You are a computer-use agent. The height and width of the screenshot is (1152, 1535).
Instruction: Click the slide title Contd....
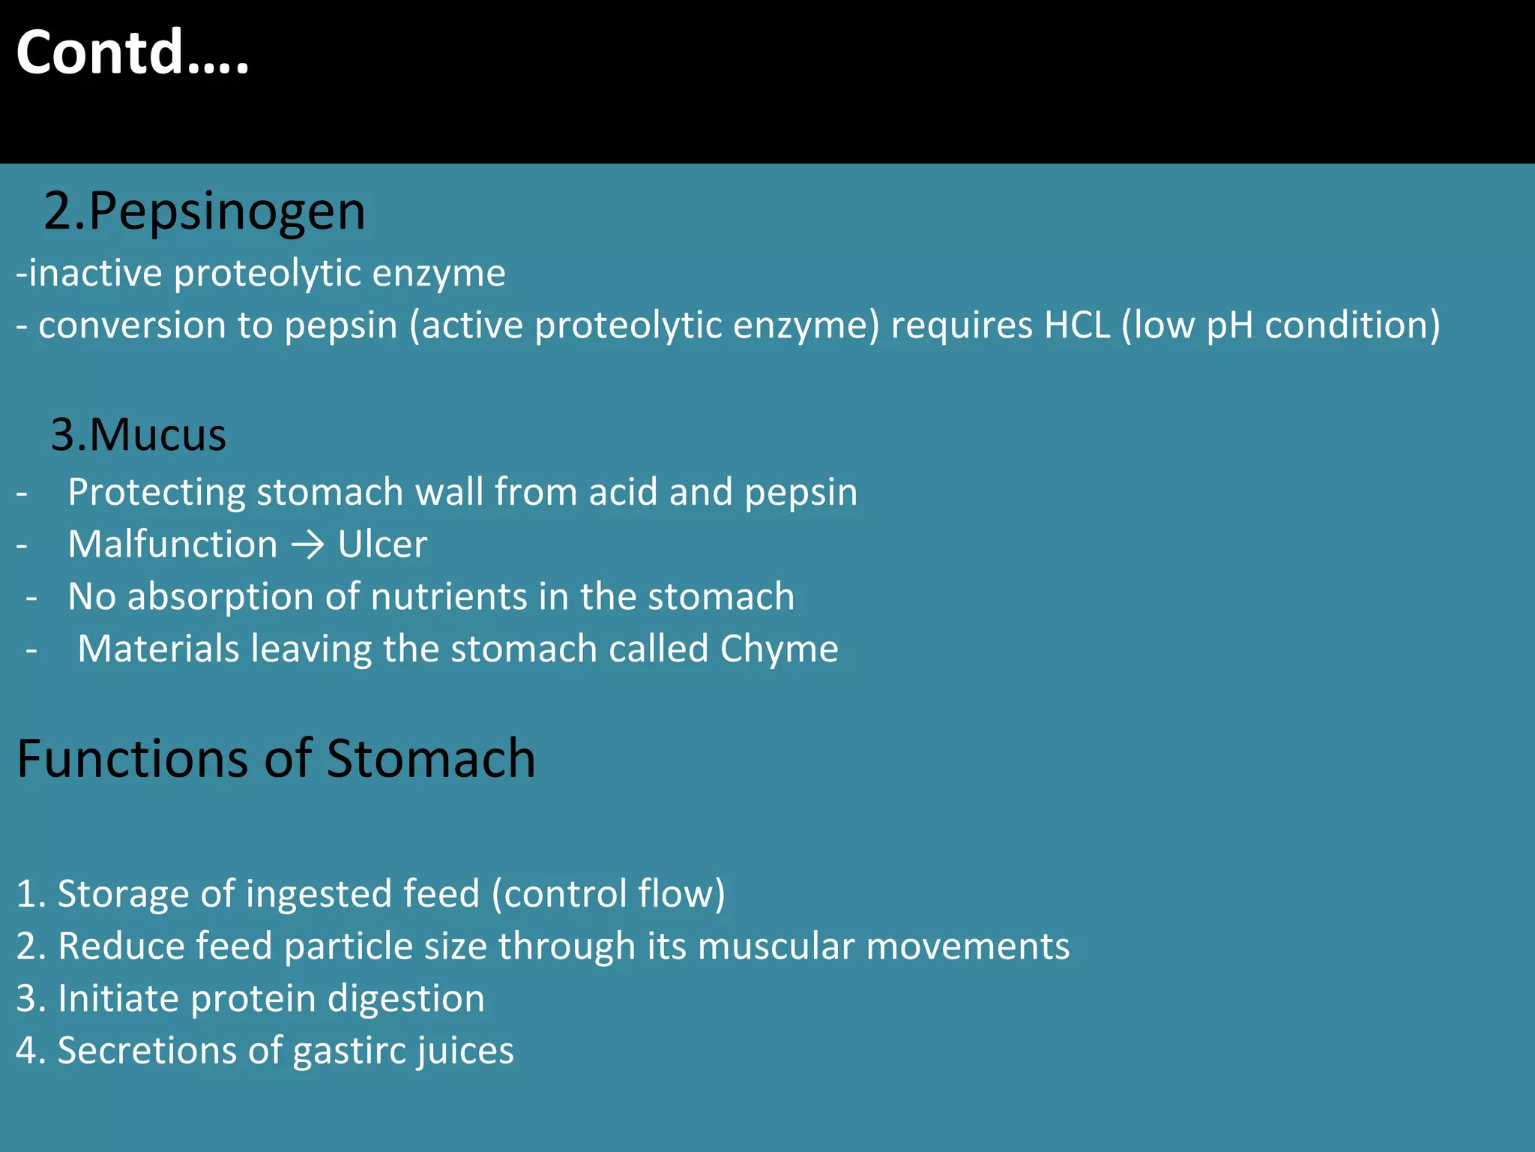click(x=132, y=52)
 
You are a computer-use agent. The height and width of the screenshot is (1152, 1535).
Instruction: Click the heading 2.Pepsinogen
click(x=205, y=211)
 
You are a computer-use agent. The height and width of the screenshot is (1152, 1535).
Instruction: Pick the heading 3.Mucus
click(x=139, y=435)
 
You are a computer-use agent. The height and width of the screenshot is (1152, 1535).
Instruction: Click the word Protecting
click(x=157, y=493)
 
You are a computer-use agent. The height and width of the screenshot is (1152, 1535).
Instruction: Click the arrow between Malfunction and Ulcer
click(x=307, y=545)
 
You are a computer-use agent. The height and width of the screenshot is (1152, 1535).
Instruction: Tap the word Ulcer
click(x=382, y=544)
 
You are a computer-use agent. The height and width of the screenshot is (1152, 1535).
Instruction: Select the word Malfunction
click(x=172, y=544)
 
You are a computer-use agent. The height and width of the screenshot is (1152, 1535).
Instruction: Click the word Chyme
click(x=779, y=649)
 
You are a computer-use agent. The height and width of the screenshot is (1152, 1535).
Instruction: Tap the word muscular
click(x=776, y=946)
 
